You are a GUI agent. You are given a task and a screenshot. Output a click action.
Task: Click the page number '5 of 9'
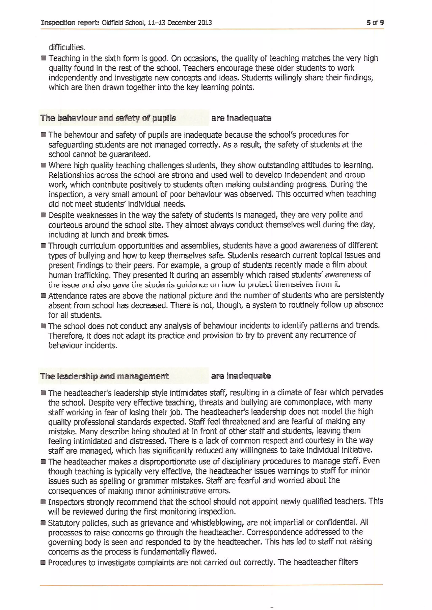pos(375,22)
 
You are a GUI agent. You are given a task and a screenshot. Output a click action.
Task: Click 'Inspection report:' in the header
pos(70,23)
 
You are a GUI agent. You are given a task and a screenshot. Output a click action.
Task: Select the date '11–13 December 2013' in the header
pos(180,23)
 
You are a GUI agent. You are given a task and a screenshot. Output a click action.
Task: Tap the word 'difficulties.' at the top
pos(67,48)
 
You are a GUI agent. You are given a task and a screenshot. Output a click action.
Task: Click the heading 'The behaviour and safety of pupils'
pos(108,118)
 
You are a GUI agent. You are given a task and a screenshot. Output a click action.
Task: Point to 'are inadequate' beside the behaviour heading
pos(241,118)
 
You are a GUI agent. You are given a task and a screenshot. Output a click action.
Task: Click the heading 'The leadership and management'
pos(104,376)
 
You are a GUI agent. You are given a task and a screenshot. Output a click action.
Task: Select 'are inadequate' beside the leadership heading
pos(241,376)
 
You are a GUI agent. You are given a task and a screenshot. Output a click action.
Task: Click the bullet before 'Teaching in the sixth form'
pos(44,58)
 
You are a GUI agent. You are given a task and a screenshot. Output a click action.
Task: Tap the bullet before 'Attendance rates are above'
pos(43,296)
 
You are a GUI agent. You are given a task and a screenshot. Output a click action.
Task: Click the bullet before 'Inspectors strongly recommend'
pos(43,502)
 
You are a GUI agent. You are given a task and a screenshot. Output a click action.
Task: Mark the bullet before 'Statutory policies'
pos(43,523)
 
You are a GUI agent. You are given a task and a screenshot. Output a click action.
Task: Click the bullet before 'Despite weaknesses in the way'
pos(43,215)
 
